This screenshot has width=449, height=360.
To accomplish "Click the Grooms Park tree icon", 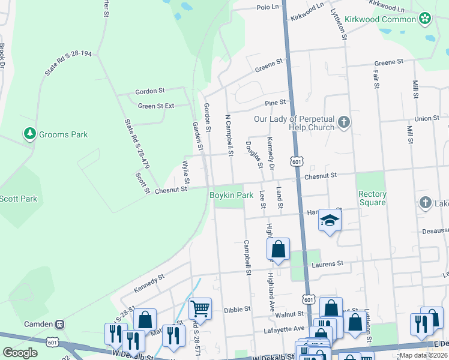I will point(29,134).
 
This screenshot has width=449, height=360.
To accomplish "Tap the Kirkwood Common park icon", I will point(425,19).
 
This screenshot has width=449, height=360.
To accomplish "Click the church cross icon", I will point(343,123).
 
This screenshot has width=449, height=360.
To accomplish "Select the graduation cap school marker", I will point(330,221).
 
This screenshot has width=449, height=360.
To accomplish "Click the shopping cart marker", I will point(200,309).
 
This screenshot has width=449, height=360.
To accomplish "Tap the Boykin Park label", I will point(231,195).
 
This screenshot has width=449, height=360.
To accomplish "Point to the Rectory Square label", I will point(372,198).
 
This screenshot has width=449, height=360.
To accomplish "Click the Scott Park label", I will point(18,199).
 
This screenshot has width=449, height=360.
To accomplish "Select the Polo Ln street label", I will point(268,7).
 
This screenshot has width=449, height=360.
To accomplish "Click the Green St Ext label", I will point(156,106).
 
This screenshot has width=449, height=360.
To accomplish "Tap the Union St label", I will point(427,118).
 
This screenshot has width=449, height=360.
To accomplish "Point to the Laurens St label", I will point(327,263).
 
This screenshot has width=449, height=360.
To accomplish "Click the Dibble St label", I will point(236,310).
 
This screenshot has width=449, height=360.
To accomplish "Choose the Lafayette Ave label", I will point(285,329).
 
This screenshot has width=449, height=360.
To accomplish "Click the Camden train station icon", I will point(59,324).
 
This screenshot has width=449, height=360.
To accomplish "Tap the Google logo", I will point(20,353).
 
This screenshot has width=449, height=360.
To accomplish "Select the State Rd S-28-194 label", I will point(67,63).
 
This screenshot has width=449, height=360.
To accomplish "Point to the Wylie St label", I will point(186,172).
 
